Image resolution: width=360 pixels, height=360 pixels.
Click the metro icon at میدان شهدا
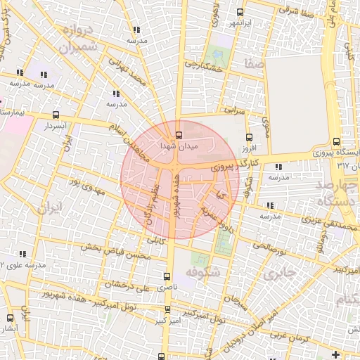pos(177,134)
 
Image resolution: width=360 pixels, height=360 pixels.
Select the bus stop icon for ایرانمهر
pos(240,12)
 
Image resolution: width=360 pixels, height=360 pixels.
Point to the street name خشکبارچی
pos(203,67)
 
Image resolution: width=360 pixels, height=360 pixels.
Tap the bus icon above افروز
pos(249,139)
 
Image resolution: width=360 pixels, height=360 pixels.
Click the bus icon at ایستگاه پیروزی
pos(337,141)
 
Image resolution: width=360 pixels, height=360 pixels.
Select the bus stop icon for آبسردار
pos(56,115)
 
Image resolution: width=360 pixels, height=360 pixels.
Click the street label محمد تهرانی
pos(127,72)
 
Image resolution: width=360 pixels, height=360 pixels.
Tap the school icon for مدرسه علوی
pos(23,254)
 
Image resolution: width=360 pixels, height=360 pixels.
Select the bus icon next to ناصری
pos(167,276)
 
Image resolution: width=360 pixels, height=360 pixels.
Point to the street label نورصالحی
pos(270,247)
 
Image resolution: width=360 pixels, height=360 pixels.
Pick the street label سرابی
pos(235,110)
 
